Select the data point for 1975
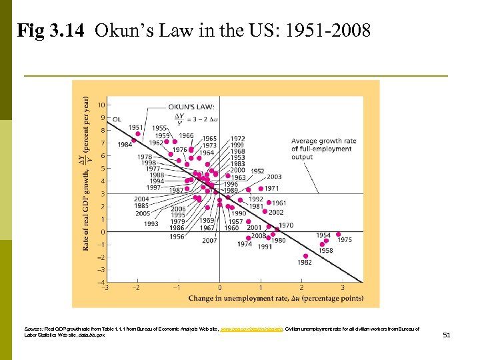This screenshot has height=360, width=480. pyautogui.click(x=339, y=235)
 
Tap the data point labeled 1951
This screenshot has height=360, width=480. pyautogui.click(x=138, y=134)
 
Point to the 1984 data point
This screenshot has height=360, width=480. pyautogui.click(x=134, y=141)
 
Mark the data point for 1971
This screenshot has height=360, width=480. pyautogui.click(x=259, y=189)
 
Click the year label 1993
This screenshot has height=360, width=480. pyautogui.click(x=151, y=224)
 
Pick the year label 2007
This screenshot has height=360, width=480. pyautogui.click(x=209, y=240)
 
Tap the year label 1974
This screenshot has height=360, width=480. pyautogui.click(x=245, y=245)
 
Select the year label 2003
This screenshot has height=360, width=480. pyautogui.click(x=274, y=177)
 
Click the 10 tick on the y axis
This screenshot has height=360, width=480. pyautogui.click(x=101, y=105)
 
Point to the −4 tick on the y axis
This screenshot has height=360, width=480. pyautogui.click(x=99, y=282)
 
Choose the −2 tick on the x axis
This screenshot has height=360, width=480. pyautogui.click(x=135, y=288)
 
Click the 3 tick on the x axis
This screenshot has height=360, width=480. pyautogui.click(x=343, y=288)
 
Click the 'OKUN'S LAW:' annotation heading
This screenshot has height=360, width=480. pyautogui.click(x=191, y=107)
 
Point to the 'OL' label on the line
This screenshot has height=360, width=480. pyautogui.click(x=117, y=119)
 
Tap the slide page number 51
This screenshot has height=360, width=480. pyautogui.click(x=447, y=335)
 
